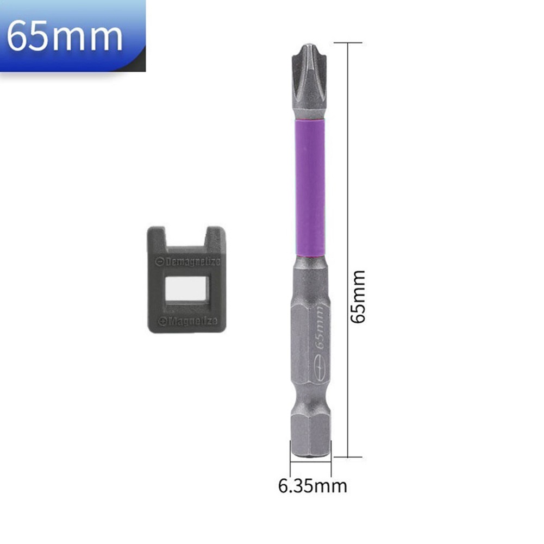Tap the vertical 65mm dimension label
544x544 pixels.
(358, 297)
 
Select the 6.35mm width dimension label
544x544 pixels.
(312, 485)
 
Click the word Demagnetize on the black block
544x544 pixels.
(192, 262)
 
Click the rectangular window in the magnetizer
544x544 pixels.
(186, 291)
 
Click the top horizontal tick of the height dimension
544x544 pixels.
(347, 42)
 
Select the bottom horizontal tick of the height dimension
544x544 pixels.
(347, 457)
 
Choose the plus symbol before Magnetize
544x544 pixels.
(161, 321)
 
